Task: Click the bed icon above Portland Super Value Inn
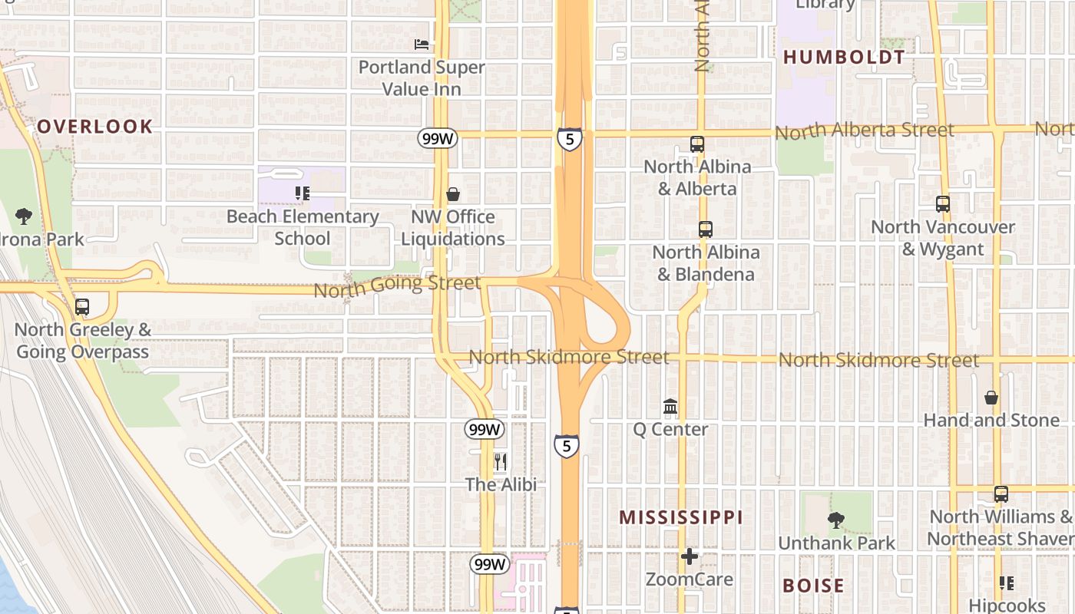coord(422,45)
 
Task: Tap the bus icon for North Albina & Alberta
coord(697,144)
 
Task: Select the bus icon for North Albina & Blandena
coord(705,229)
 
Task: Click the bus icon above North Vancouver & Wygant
coord(943,204)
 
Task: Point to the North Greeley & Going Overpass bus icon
coord(82,307)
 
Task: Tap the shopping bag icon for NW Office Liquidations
coord(453,194)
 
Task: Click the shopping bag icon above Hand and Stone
coord(991,398)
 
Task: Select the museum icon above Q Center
coord(670,406)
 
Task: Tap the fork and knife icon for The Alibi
coord(501,461)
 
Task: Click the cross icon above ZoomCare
coord(690,556)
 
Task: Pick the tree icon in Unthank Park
coord(836,520)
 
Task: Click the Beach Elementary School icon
coord(302,193)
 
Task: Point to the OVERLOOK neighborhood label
coord(95,127)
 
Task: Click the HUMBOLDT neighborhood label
coord(844,57)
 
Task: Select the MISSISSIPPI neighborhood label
coord(681,517)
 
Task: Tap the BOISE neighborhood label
coord(813,586)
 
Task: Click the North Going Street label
coord(397,286)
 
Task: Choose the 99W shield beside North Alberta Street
coord(438,138)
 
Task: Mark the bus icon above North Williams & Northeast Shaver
coord(1001,494)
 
